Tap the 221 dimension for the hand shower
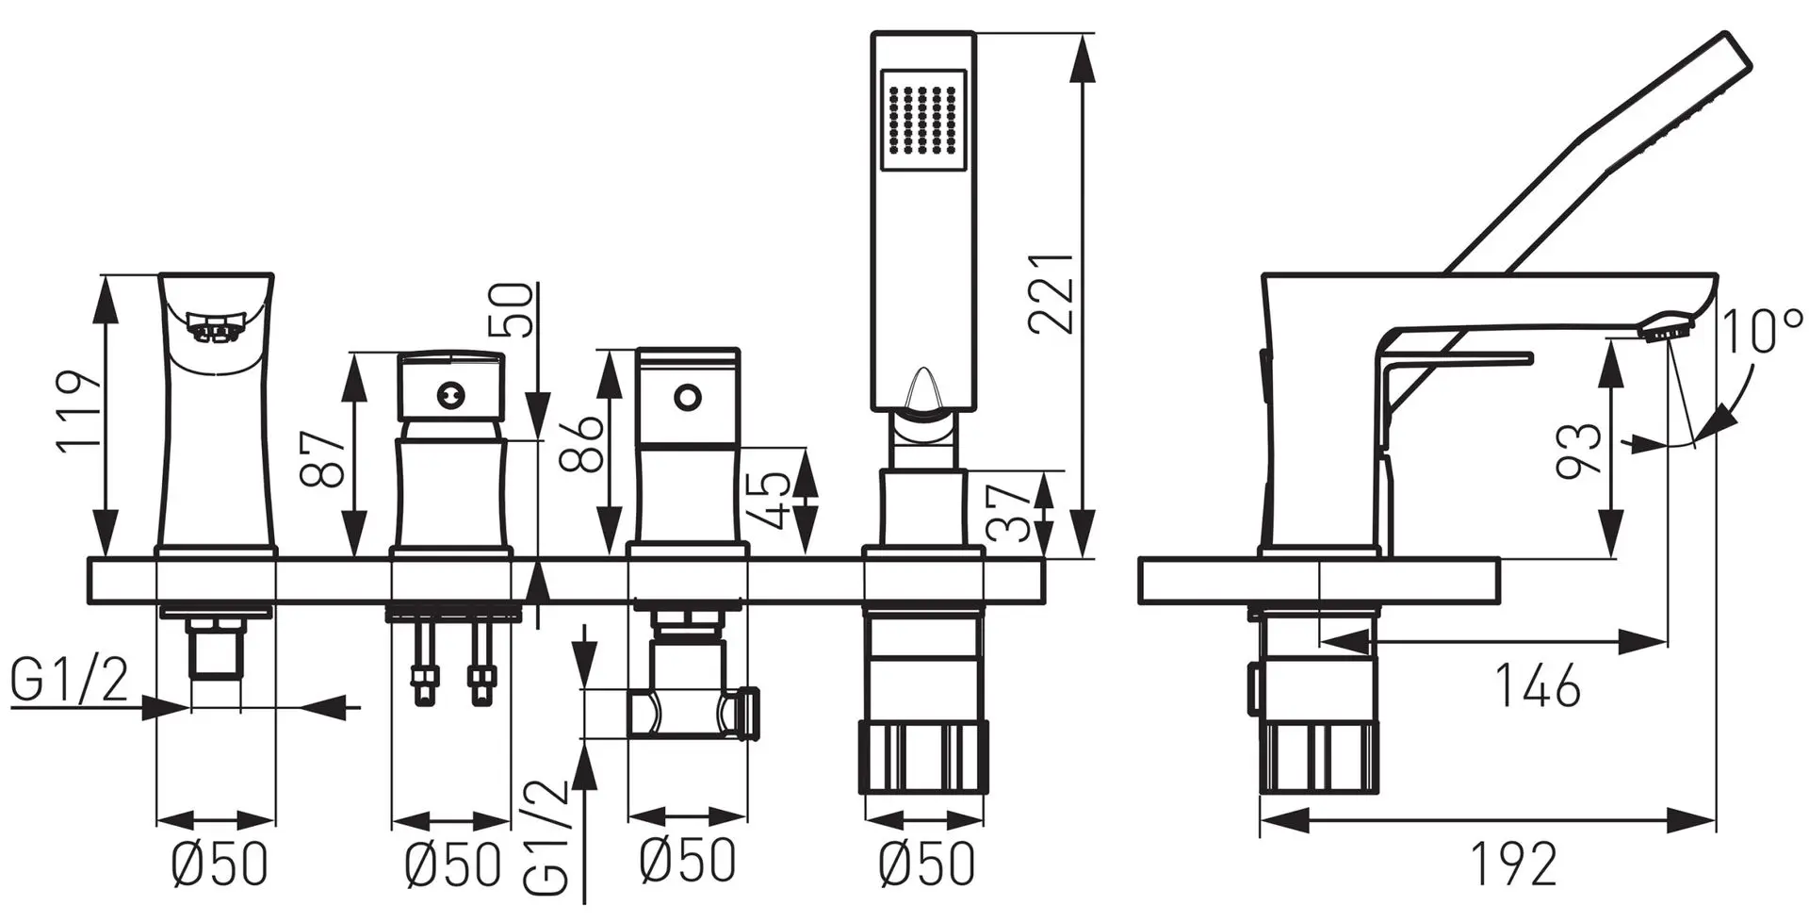pos(1051,292)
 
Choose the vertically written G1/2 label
pos(547,837)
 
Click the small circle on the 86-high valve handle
pos(687,397)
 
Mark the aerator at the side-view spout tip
pos(1667,331)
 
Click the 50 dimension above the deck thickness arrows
pos(513,309)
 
